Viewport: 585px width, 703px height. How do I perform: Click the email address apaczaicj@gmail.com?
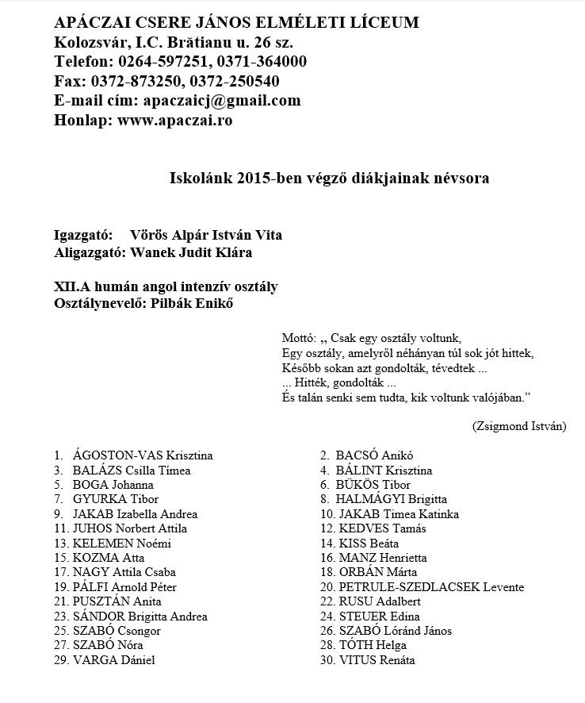tap(220, 101)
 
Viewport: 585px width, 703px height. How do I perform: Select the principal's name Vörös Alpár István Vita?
tap(205, 235)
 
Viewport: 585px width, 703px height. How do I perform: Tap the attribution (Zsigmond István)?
tap(518, 425)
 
